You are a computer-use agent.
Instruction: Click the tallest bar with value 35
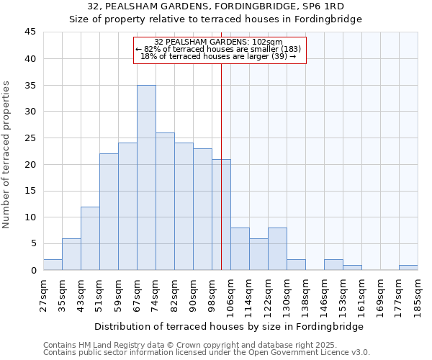(x=146, y=178)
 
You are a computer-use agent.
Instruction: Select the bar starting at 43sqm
(x=90, y=238)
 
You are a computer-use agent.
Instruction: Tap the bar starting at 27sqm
(x=53, y=265)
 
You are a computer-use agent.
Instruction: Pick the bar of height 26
(x=165, y=202)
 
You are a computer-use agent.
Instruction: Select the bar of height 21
(x=221, y=215)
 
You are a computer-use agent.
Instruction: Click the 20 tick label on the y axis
(x=30, y=165)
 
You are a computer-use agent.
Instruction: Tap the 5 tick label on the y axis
(x=32, y=244)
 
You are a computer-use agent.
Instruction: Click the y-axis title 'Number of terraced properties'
(x=6, y=154)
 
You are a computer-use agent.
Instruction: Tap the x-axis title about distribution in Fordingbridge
(x=228, y=327)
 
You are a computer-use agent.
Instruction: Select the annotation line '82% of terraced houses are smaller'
(x=219, y=49)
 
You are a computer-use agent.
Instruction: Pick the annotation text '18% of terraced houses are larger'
(x=219, y=56)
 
